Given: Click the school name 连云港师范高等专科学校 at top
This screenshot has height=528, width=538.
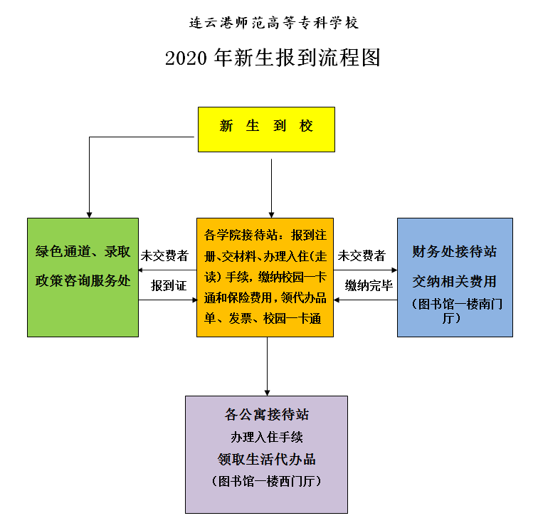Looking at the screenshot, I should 274,23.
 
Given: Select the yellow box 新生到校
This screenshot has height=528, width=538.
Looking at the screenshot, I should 266,129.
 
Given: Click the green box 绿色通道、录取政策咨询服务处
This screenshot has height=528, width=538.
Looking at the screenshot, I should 83,277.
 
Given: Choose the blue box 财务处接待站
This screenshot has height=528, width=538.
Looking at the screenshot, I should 454,277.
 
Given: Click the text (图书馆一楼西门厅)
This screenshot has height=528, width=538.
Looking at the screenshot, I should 267,482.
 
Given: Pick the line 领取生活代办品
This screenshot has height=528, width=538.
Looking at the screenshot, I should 267,459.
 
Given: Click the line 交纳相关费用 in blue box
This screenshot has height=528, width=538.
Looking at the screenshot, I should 455,280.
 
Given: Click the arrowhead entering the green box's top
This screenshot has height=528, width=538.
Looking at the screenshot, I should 89,213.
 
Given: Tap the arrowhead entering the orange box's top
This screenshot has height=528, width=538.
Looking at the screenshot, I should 271,213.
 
